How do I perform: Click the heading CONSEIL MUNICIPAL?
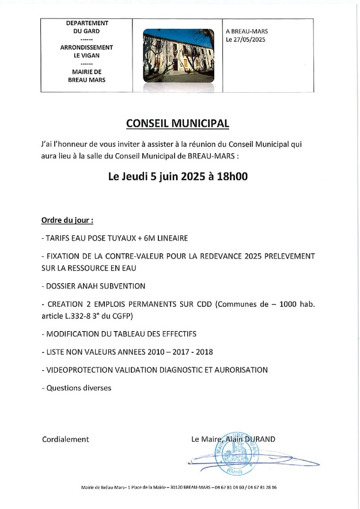click(x=177, y=123)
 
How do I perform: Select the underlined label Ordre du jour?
click(x=67, y=221)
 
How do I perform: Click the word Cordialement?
click(x=66, y=439)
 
